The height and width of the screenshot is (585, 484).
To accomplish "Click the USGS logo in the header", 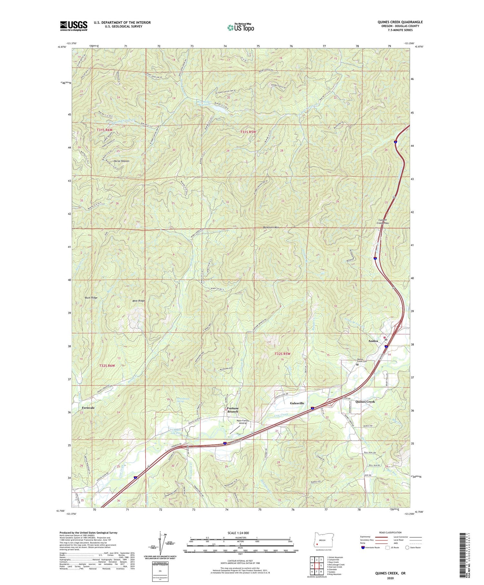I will coord(74,26).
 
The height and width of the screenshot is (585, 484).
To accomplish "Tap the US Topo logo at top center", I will coord(240,27).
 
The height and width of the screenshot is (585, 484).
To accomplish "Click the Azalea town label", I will coord(374,341).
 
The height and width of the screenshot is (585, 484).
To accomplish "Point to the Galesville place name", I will coord(297,403).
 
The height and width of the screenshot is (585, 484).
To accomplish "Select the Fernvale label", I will coord(88,408).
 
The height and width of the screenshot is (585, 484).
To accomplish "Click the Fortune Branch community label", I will coord(233,410).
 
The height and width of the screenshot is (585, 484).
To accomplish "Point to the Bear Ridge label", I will coord(139,300).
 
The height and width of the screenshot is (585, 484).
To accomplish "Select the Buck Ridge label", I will coord(91,298).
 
